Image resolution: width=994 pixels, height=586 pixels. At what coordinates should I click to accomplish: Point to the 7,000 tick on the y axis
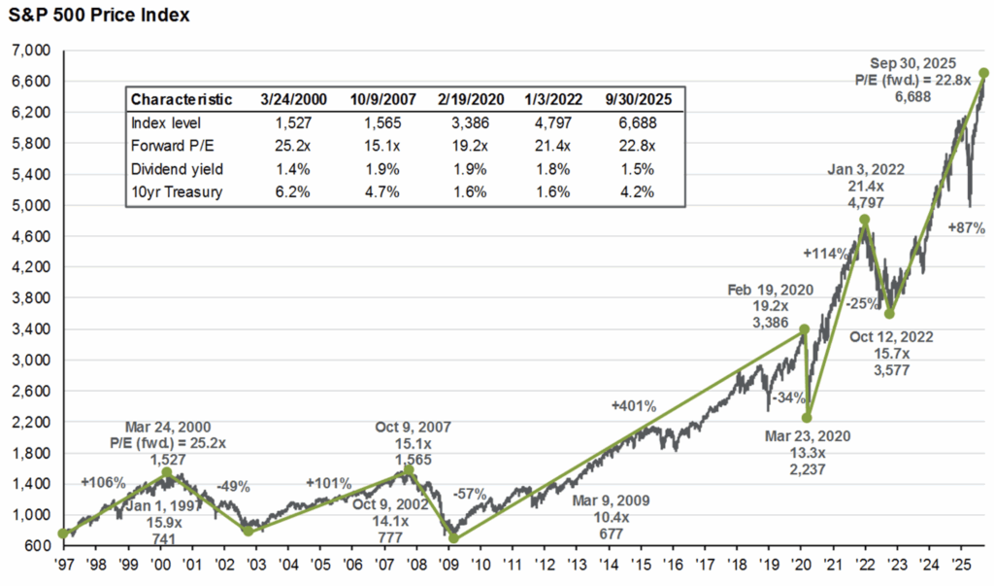coord(34,51)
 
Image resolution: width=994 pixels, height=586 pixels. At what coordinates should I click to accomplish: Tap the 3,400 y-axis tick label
coord(34,329)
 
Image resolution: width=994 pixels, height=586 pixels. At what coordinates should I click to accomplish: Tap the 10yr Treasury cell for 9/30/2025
coord(636,191)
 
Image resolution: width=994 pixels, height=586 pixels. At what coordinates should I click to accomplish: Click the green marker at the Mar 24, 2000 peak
coord(167,473)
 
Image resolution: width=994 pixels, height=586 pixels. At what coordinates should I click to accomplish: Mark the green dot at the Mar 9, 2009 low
coord(452,538)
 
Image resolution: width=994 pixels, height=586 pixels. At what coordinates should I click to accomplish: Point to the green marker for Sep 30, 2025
coord(983,73)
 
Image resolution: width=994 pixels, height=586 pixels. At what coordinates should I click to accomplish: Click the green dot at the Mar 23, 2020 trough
coord(807,418)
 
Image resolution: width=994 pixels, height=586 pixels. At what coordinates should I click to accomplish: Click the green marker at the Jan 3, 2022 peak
coord(864,220)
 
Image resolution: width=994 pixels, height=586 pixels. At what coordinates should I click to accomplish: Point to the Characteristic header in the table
coord(182,99)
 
